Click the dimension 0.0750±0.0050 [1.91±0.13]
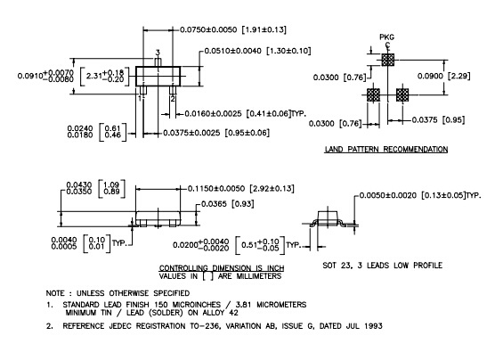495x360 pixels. (233, 29)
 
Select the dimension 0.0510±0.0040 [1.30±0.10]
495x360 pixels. (257, 51)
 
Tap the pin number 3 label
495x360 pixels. (158, 53)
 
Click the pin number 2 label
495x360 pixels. (173, 99)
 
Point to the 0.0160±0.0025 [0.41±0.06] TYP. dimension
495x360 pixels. (246, 113)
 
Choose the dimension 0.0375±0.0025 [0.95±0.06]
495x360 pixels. (216, 133)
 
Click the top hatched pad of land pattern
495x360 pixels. (387, 60)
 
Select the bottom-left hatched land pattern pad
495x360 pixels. (373, 94)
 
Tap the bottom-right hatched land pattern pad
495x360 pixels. (402, 94)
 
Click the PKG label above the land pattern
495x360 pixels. (386, 37)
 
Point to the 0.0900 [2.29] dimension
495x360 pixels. (444, 76)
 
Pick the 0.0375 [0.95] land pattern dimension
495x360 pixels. (438, 119)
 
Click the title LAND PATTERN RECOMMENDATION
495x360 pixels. (386, 149)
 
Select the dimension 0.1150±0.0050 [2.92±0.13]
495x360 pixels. (241, 189)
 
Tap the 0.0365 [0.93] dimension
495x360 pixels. (228, 204)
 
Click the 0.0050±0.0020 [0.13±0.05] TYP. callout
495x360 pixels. (420, 195)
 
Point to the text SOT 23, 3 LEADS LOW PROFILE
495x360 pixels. (382, 266)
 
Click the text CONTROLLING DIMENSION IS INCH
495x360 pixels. (222, 268)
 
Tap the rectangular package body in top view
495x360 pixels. (158, 76)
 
